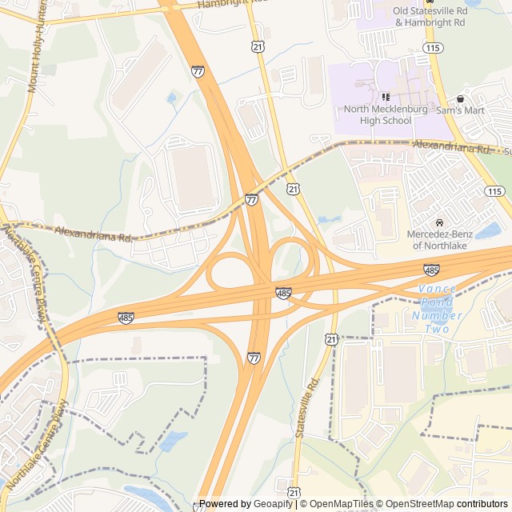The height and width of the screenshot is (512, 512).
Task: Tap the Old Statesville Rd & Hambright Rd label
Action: pyautogui.click(x=430, y=17)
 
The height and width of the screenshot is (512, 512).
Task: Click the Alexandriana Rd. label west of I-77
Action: pyautogui.click(x=94, y=234)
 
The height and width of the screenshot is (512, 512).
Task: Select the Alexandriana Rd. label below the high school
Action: pyautogui.click(x=451, y=146)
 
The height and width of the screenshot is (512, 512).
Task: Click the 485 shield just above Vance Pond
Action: pyautogui.click(x=431, y=270)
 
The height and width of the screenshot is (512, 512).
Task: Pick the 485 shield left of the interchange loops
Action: pyautogui.click(x=126, y=318)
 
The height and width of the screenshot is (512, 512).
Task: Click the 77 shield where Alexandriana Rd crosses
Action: pyautogui.click(x=252, y=199)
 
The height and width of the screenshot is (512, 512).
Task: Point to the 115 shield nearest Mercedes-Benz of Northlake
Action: pyautogui.click(x=494, y=190)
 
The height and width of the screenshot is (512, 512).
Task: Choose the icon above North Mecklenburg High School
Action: pyautogui.click(x=386, y=97)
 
